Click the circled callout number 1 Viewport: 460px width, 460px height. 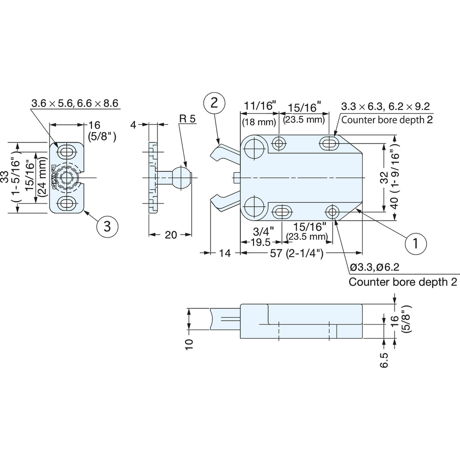416,243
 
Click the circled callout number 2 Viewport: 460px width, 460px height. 214,103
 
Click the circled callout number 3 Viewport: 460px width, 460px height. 107,226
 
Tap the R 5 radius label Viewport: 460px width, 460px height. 187,119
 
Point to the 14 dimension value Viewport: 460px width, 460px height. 225,253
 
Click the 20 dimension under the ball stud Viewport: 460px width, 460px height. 171,235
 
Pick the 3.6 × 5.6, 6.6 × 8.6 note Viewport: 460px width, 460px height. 75,103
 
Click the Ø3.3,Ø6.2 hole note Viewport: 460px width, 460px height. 371,268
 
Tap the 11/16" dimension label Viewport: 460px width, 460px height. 261,106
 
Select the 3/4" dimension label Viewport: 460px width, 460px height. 264,232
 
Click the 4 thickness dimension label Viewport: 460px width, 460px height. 133,125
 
